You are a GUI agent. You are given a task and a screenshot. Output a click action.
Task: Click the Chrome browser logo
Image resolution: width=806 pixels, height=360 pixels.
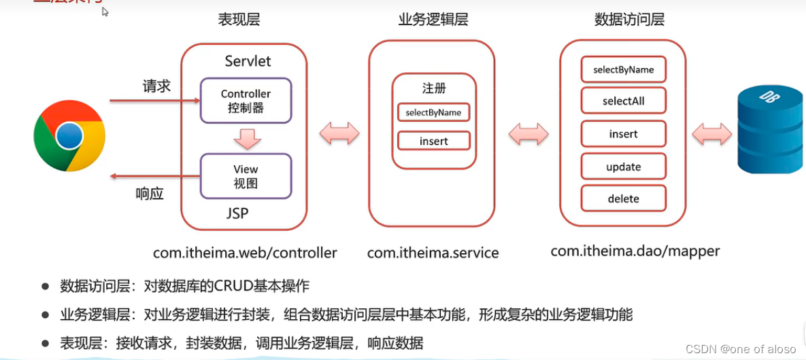click(69, 136)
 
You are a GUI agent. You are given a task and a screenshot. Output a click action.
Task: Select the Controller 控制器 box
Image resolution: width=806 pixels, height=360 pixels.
click(246, 100)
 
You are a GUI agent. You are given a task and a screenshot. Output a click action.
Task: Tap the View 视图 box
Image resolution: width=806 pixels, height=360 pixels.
click(246, 176)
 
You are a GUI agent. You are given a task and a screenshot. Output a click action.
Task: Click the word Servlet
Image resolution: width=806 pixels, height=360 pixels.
click(248, 61)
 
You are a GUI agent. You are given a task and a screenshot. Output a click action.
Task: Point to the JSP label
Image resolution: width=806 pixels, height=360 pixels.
click(237, 214)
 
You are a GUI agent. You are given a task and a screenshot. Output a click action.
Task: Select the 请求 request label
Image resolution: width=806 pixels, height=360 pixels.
click(156, 86)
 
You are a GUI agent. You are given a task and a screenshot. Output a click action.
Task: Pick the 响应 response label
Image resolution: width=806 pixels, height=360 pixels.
click(150, 194)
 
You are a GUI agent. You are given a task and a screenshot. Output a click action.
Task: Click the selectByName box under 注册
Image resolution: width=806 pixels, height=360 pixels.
click(433, 112)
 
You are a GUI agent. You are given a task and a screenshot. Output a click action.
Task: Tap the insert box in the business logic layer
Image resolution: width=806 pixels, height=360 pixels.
click(433, 141)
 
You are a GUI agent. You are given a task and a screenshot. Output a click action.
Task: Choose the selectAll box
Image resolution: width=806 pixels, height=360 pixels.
click(623, 101)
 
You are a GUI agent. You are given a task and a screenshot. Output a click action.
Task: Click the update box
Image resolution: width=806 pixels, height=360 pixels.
click(623, 167)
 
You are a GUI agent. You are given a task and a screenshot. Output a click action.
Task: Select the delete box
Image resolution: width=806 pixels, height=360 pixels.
click(623, 199)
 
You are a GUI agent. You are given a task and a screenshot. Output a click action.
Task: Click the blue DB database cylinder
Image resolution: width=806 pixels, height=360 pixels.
click(771, 133)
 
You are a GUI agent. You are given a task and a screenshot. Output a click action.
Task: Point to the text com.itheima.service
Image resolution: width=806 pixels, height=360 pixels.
click(433, 253)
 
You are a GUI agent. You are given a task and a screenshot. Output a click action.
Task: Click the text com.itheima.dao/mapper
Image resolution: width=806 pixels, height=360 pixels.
click(635, 251)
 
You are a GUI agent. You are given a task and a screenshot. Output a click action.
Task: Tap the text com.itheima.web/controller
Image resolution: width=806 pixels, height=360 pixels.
click(245, 253)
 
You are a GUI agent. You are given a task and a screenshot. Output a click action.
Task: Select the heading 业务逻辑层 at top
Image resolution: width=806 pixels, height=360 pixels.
click(433, 20)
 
